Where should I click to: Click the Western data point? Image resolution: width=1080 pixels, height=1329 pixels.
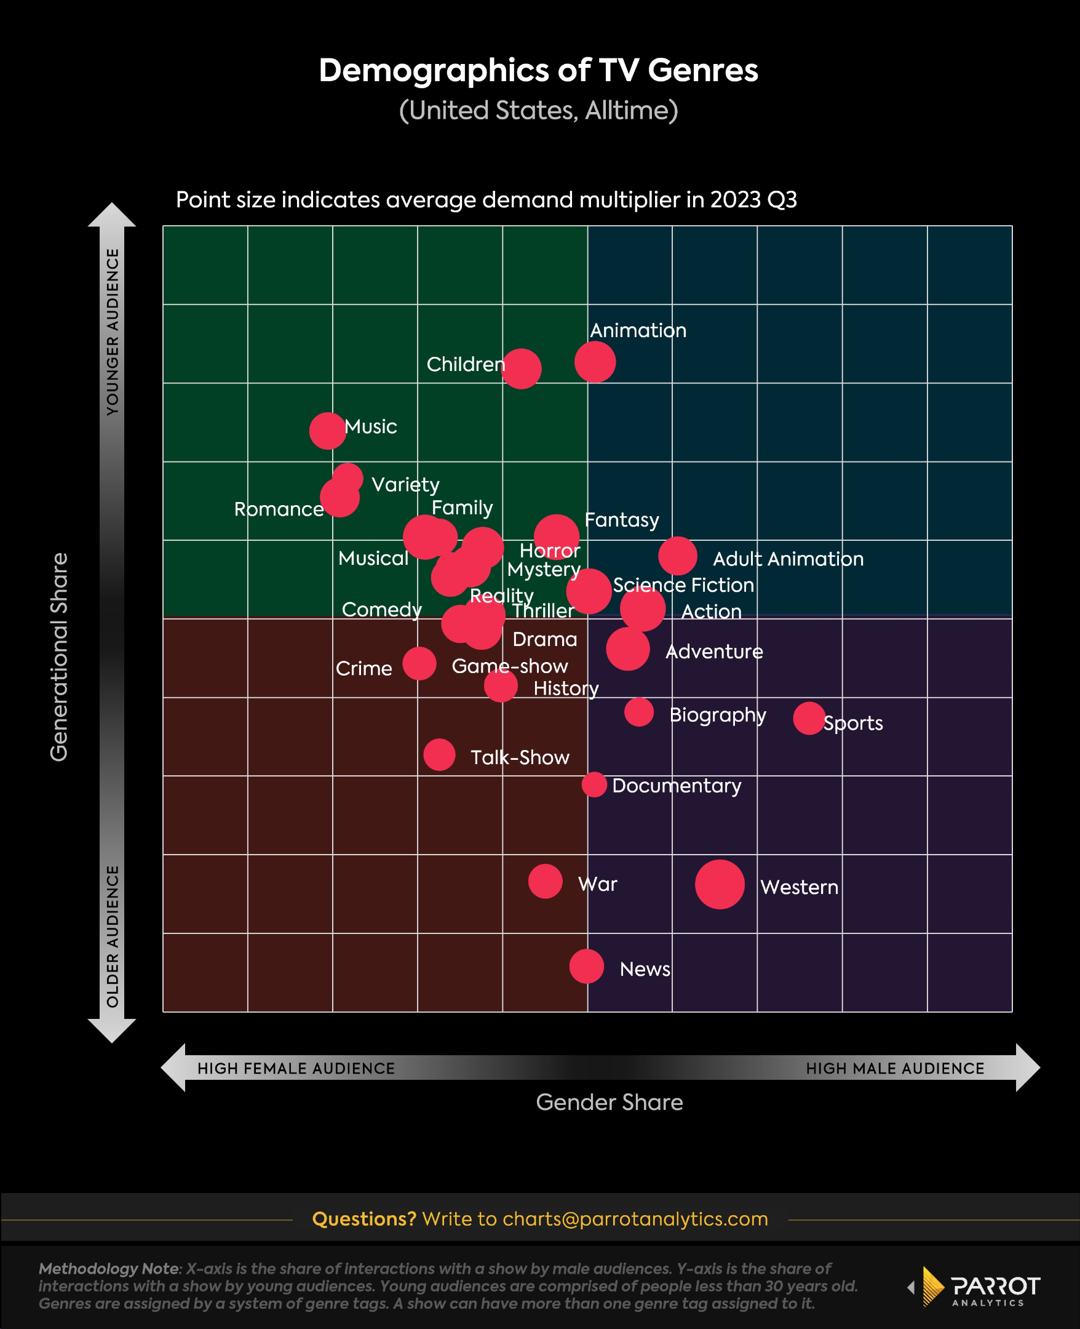pos(719,884)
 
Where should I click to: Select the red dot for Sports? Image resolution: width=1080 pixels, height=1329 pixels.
pos(809,718)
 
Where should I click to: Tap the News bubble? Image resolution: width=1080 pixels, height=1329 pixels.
pos(586,966)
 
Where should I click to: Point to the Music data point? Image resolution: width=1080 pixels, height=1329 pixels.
pos(327,431)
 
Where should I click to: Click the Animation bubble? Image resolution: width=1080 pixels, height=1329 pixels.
pos(595,362)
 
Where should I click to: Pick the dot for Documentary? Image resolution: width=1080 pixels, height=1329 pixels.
pos(594,784)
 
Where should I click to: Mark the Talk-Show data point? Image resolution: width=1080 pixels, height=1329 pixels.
pos(439,755)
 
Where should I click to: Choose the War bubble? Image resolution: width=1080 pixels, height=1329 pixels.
pos(545,881)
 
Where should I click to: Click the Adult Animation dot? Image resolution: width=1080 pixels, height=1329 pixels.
pos(678,556)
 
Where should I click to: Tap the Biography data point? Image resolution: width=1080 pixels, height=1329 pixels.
pos(639,712)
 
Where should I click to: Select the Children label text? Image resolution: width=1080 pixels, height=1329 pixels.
pos(466,364)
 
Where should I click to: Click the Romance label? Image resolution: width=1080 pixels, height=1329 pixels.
pos(279,509)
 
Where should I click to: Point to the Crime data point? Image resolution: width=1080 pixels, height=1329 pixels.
pos(419,663)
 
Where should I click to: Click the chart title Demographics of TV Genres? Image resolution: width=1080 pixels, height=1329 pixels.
pos(539,70)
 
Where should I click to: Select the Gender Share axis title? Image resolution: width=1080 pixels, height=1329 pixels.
pos(609,1102)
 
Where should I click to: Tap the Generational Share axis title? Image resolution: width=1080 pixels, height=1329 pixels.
pos(59,657)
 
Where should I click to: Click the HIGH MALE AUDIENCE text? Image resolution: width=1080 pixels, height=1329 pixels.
pos(895,1068)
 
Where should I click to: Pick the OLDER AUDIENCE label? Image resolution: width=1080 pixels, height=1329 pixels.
pos(113,936)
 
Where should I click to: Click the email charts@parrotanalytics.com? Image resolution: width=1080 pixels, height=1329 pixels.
pos(635,1218)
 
